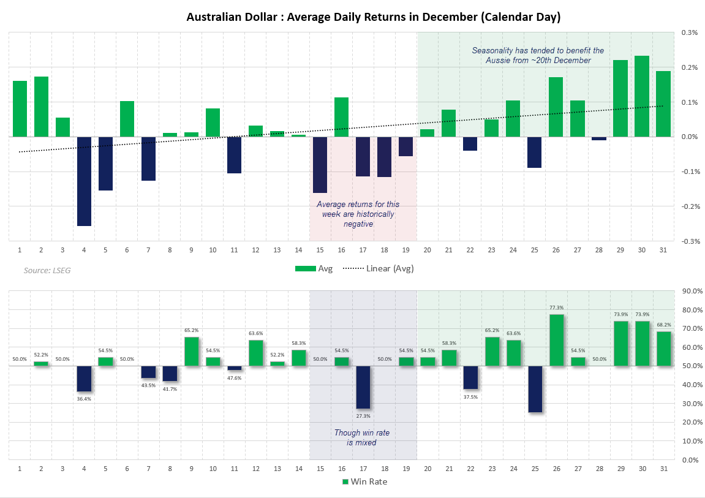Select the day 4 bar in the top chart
[x=84, y=181]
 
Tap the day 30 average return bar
[x=641, y=96]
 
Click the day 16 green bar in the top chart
[x=341, y=117]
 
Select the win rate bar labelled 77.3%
[x=556, y=340]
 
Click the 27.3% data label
[x=363, y=416]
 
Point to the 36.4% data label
[x=84, y=399]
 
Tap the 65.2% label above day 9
[x=191, y=330]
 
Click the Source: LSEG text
[x=43, y=270]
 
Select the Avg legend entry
[x=314, y=268]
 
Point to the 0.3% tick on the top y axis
[x=690, y=32]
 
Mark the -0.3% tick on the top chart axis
[x=688, y=241]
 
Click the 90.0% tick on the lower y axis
[x=692, y=291]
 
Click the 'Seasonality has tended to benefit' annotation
[x=537, y=55]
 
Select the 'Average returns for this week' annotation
[x=357, y=214]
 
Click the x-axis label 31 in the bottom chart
[x=663, y=469]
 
